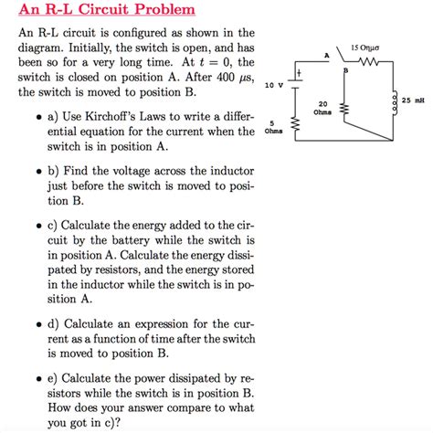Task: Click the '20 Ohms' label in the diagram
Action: coord(322,109)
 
